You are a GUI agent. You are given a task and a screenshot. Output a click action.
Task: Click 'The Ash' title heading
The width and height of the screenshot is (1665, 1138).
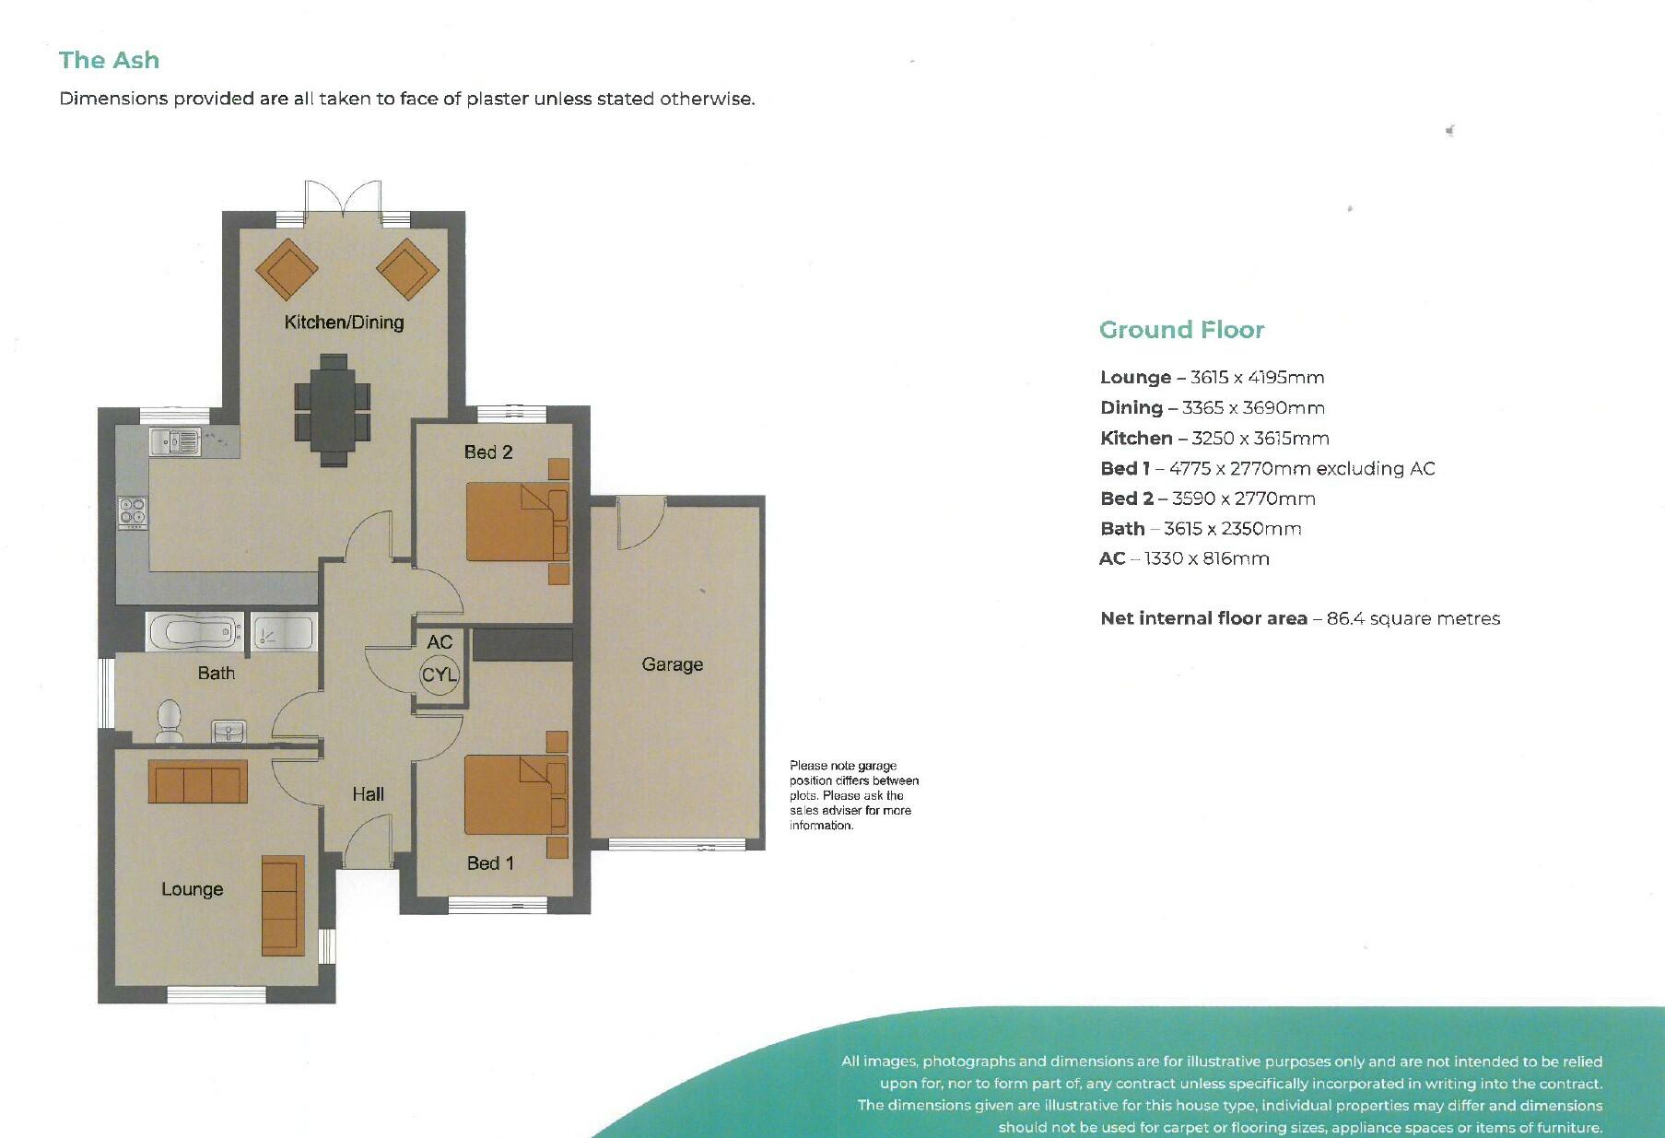pyautogui.click(x=109, y=61)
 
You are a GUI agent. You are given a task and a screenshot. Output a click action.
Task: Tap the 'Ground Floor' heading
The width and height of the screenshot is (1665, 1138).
pyautogui.click(x=1181, y=330)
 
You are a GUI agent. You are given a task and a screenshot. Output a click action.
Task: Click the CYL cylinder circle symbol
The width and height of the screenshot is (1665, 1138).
pyautogui.click(x=440, y=675)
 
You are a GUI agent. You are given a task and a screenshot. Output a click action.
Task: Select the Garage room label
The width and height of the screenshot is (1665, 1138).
pyautogui.click(x=672, y=664)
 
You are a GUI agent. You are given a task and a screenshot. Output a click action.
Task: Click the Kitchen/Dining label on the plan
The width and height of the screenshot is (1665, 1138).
pyautogui.click(x=344, y=323)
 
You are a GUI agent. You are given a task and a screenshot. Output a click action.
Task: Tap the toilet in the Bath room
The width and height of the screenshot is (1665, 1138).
pyautogui.click(x=169, y=720)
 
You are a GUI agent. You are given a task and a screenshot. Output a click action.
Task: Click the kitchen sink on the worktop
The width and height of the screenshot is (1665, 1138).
pyautogui.click(x=175, y=442)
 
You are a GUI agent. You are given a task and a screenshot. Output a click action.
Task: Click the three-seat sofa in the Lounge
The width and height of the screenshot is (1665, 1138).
pyautogui.click(x=197, y=782)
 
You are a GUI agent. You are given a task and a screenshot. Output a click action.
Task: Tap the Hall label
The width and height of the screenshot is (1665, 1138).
pyautogui.click(x=368, y=794)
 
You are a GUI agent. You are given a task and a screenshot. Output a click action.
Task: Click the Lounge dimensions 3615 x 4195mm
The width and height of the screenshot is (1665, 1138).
pyautogui.click(x=1257, y=378)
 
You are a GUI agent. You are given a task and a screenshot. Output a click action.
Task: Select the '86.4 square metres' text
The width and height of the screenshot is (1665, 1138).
pyautogui.click(x=1413, y=619)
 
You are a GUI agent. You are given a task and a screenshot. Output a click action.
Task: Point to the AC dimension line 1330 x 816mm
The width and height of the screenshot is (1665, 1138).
pyautogui.click(x=1184, y=559)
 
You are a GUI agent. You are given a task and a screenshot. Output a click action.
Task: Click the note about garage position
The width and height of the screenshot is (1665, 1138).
pyautogui.click(x=853, y=795)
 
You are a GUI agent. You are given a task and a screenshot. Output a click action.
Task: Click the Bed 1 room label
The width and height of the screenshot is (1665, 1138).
pyautogui.click(x=490, y=863)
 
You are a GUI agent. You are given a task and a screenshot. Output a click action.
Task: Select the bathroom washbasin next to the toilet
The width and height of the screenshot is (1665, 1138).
pyautogui.click(x=229, y=732)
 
